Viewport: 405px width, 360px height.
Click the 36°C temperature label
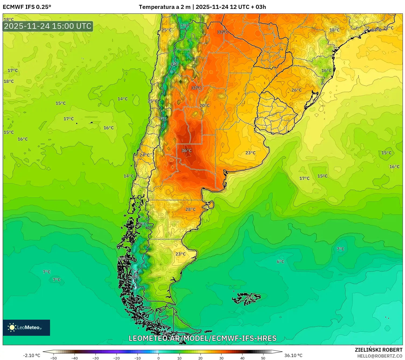point(186,151)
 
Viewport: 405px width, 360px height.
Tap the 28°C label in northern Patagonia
point(191,210)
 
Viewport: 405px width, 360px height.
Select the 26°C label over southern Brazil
point(297,90)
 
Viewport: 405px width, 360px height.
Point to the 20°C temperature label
point(205,105)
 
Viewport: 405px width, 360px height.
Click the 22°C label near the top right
point(388,28)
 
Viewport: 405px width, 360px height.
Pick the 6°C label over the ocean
point(280,262)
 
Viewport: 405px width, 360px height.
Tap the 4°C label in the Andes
point(175,64)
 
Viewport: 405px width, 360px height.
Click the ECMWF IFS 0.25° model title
point(27,7)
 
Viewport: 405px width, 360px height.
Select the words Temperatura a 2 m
point(165,7)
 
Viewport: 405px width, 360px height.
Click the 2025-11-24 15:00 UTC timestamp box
point(48,26)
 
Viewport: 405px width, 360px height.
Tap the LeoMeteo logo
point(26,327)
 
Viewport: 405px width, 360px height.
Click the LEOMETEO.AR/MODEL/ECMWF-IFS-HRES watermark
point(202,338)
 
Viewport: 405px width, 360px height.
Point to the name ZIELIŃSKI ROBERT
point(378,350)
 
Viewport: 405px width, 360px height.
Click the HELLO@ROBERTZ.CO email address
point(379,356)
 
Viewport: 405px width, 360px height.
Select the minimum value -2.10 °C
point(31,355)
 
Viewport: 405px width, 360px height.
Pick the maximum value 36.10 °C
point(293,355)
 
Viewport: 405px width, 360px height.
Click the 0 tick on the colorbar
point(159,358)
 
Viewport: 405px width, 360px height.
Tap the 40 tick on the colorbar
point(242,358)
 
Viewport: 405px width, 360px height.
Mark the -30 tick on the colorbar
point(96,358)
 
